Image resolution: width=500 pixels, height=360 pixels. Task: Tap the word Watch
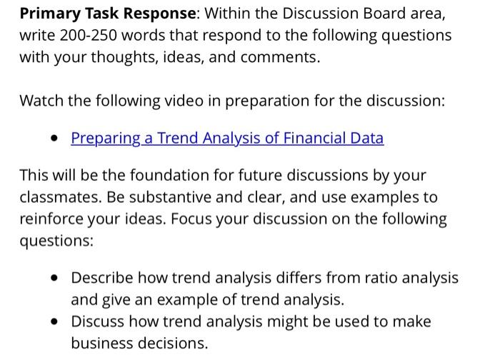41,101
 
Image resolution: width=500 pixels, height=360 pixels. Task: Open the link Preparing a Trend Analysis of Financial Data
227,138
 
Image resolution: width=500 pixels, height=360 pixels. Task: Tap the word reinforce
49,219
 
